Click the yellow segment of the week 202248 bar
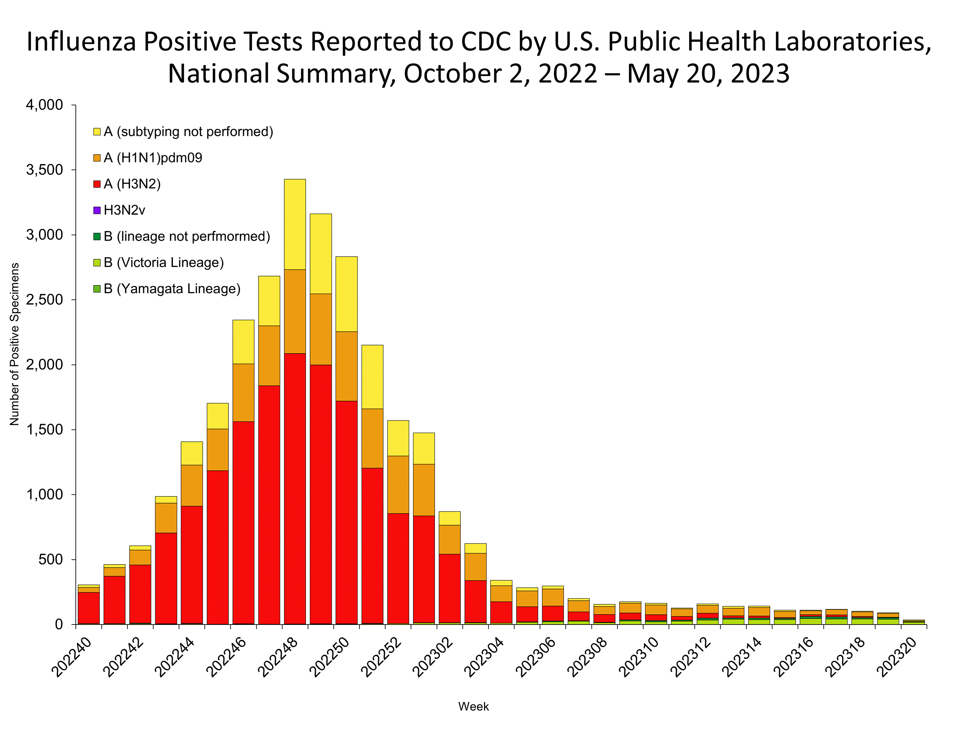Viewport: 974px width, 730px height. [295, 224]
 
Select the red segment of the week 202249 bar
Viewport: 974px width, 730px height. [321, 493]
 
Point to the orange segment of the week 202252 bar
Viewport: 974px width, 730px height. [398, 484]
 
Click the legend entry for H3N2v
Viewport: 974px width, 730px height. [124, 210]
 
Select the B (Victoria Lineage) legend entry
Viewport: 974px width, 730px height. [163, 263]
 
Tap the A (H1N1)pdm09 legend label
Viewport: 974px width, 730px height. [152, 158]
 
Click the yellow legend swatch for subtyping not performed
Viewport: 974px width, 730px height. [97, 132]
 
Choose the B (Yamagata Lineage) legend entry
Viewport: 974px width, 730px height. [172, 289]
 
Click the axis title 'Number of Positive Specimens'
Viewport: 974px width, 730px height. [15, 344]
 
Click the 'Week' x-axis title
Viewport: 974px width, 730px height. [473, 706]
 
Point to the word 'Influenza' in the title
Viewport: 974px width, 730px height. [81, 42]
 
